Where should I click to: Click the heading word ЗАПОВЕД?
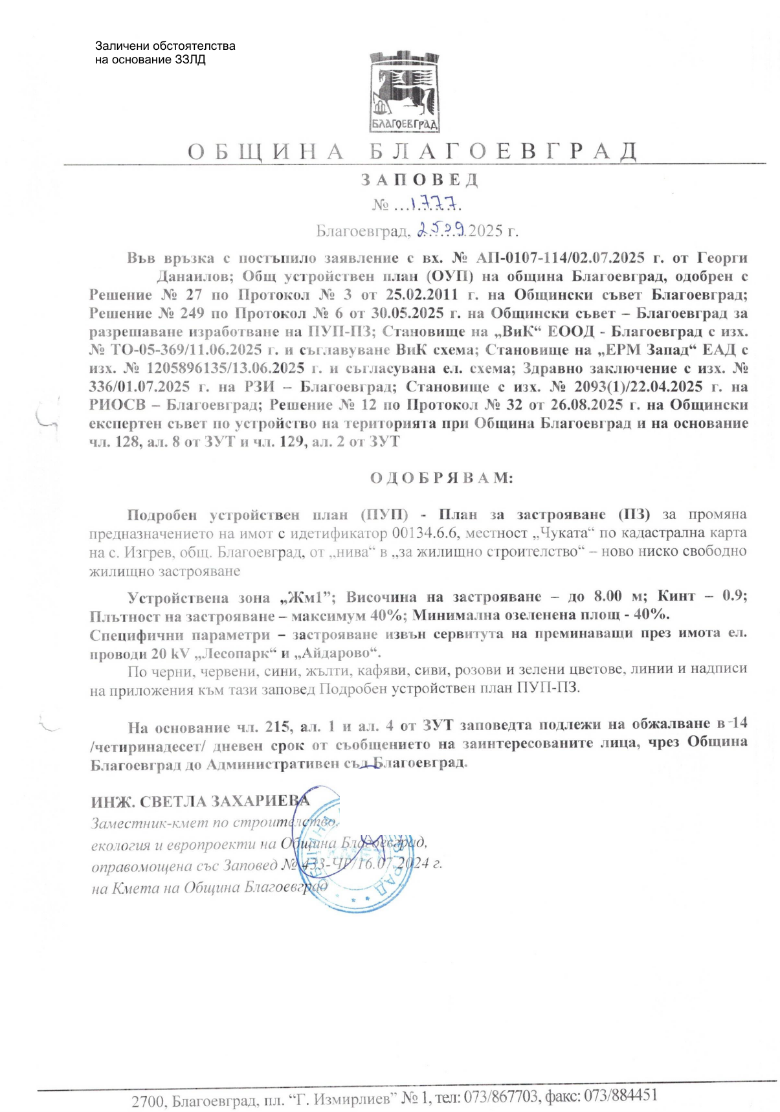click(x=419, y=180)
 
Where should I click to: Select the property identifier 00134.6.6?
click(x=425, y=533)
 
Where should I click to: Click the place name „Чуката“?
click(x=564, y=533)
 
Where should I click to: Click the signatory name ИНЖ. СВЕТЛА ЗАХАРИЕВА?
click(x=200, y=801)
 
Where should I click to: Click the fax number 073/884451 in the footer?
click(x=621, y=1096)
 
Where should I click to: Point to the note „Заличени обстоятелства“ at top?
click(x=165, y=46)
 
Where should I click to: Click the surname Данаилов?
click(x=194, y=276)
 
